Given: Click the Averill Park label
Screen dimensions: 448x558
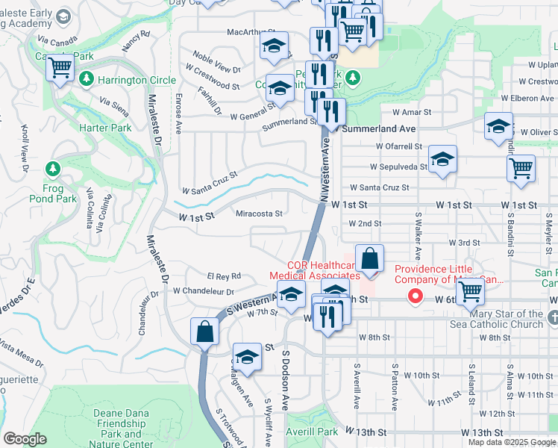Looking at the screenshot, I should [x=317, y=432].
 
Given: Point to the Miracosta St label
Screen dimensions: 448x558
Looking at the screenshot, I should [x=259, y=213].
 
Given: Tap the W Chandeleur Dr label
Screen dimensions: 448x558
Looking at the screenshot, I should [x=204, y=291].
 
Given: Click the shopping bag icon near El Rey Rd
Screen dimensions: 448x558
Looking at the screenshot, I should [x=204, y=331].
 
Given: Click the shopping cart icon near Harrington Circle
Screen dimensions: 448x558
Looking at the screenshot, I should [x=60, y=69].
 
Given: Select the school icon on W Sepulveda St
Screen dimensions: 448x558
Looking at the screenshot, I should [x=442, y=159].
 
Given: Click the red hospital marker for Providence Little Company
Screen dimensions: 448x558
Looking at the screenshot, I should [x=415, y=296].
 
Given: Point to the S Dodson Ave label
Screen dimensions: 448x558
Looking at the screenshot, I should [x=285, y=381].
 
